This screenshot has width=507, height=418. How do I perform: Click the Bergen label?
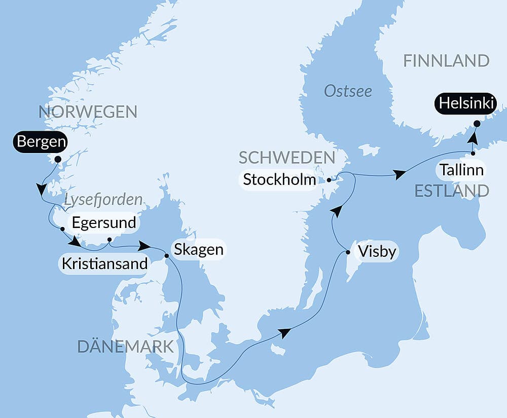tap(41, 142)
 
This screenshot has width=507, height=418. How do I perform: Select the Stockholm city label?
tap(279, 179)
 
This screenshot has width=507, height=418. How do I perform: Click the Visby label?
tap(377, 251)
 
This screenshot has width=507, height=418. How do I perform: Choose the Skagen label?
tap(198, 249)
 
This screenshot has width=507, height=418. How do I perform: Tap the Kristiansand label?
tap(104, 263)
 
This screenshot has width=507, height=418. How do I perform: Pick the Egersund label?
tap(104, 222)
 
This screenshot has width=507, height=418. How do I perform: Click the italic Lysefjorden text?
tap(103, 200)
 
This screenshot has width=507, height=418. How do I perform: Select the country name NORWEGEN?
tap(88, 112)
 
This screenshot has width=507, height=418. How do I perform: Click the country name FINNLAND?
tap(446, 61)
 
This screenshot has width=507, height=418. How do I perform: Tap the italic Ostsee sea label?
tap(348, 91)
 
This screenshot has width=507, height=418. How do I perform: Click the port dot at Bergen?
tap(57, 159)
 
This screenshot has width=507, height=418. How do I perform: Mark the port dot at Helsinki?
tap(477, 123)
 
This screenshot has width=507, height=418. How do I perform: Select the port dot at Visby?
tap(348, 252)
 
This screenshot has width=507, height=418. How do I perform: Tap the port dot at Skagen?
tap(166, 255)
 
